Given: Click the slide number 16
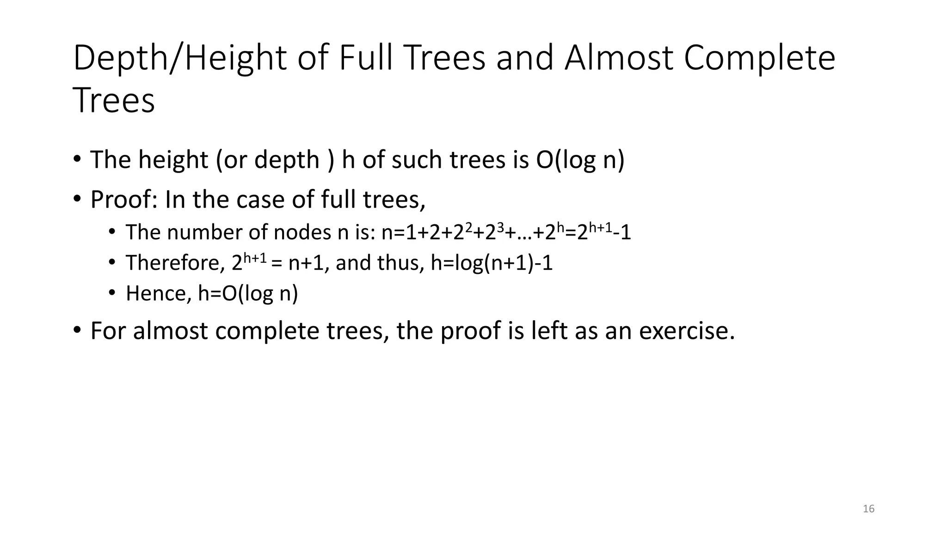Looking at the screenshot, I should [x=868, y=509].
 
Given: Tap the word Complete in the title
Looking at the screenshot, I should [x=759, y=58].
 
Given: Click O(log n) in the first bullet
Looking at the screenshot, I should [x=580, y=160].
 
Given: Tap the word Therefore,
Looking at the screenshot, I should [x=175, y=263].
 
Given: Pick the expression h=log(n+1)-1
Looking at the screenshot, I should [x=492, y=263].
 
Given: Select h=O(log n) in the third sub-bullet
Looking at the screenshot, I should [x=248, y=294].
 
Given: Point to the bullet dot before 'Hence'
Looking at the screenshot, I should [x=112, y=293].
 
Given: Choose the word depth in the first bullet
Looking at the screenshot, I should [x=287, y=160].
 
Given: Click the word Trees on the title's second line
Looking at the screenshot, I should [x=114, y=101].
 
